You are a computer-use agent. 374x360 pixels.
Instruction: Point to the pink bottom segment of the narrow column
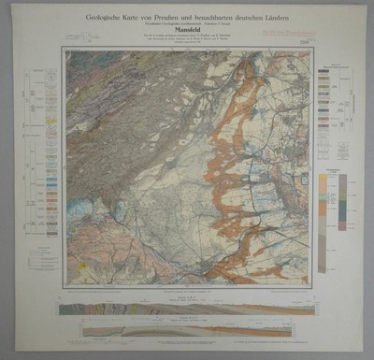tap(342, 225)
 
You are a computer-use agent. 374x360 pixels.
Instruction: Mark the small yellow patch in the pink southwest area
tap(82, 266)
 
